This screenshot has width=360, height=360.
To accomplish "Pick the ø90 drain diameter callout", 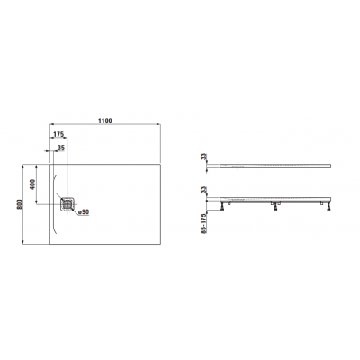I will pos(83,211).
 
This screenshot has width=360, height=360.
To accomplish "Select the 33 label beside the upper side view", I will pos(203,157).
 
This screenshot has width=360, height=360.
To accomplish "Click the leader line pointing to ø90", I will pos(76,208).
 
